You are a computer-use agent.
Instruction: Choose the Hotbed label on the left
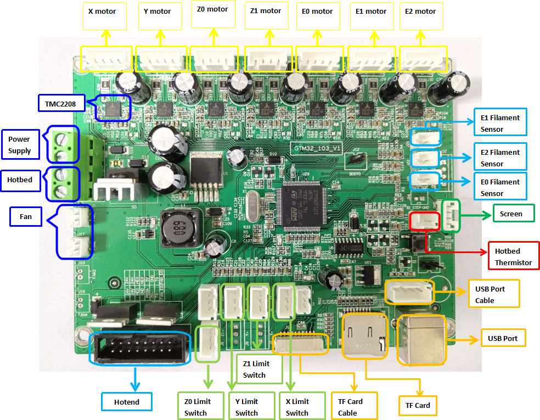[x=21, y=180]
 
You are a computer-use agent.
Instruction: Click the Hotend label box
[x=127, y=402]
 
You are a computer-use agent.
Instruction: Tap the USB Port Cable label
[x=493, y=295]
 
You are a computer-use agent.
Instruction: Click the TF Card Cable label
[x=351, y=407]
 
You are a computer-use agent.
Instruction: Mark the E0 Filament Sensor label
[x=499, y=187]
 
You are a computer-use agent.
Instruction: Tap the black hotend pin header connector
[x=140, y=348]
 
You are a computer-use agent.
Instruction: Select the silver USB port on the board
[x=421, y=340]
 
